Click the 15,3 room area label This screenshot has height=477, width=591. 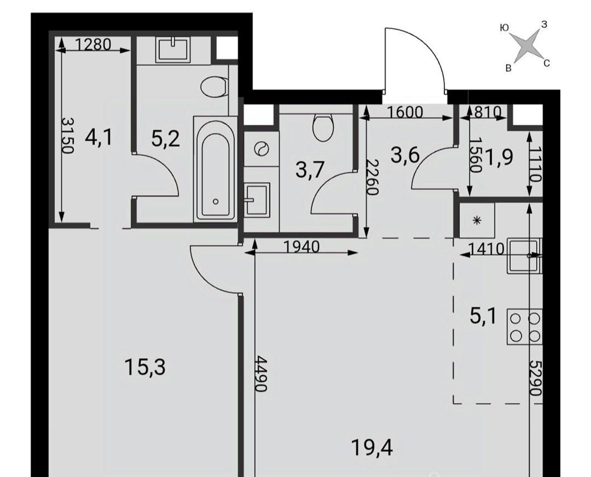click(x=145, y=367)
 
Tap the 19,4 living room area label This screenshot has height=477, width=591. click(x=372, y=448)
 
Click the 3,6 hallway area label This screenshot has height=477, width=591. click(x=405, y=155)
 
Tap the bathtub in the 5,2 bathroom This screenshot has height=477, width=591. click(x=216, y=169)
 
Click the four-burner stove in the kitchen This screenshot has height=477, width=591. click(x=524, y=326)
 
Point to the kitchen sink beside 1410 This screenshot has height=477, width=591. click(x=524, y=255)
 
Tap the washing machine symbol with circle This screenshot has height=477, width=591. click(x=261, y=148)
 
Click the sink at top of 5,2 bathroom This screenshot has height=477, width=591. click(x=173, y=50)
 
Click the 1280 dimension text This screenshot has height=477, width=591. click(x=93, y=45)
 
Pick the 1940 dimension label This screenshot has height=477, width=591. click(x=301, y=247)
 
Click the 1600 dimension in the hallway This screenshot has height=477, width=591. click(x=405, y=112)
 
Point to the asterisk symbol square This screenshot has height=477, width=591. click(x=477, y=221)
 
